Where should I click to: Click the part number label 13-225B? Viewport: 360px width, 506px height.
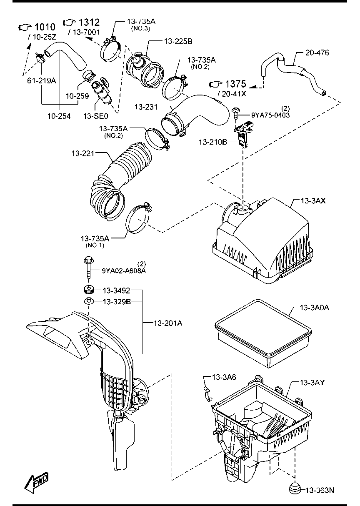coord(178,42)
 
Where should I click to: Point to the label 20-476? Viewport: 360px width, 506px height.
coord(317,53)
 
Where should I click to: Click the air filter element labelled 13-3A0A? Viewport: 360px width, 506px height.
coord(263,333)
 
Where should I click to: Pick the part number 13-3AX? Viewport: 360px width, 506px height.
coord(313,201)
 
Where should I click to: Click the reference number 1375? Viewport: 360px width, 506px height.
coord(235,84)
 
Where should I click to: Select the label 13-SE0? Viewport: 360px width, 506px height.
coord(96,116)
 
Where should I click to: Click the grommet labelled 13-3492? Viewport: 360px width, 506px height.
coord(89,290)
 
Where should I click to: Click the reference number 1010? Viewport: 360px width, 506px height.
coord(45,27)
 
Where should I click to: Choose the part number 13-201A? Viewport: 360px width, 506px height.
coord(168,323)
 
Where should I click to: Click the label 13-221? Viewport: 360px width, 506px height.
coord(83,154)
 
